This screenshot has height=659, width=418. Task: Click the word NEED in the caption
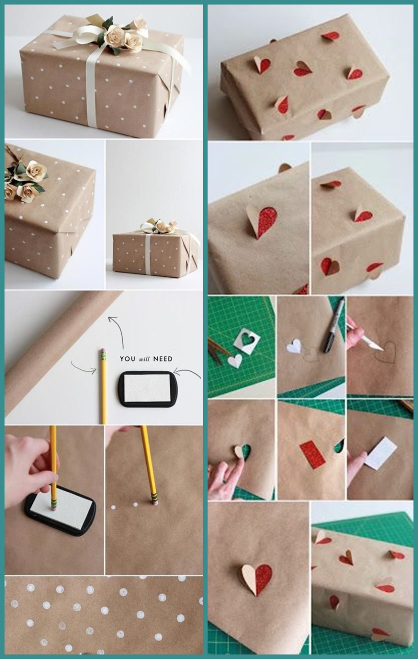(x=162, y=359)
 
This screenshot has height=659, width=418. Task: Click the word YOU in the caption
(x=127, y=359)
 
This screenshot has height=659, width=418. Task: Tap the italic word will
(x=144, y=359)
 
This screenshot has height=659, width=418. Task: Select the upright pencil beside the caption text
(x=103, y=386)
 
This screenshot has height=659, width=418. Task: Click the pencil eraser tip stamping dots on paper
(x=153, y=501)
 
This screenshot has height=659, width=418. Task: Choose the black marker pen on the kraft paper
(x=333, y=325)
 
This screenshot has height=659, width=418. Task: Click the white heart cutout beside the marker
(x=294, y=346)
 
